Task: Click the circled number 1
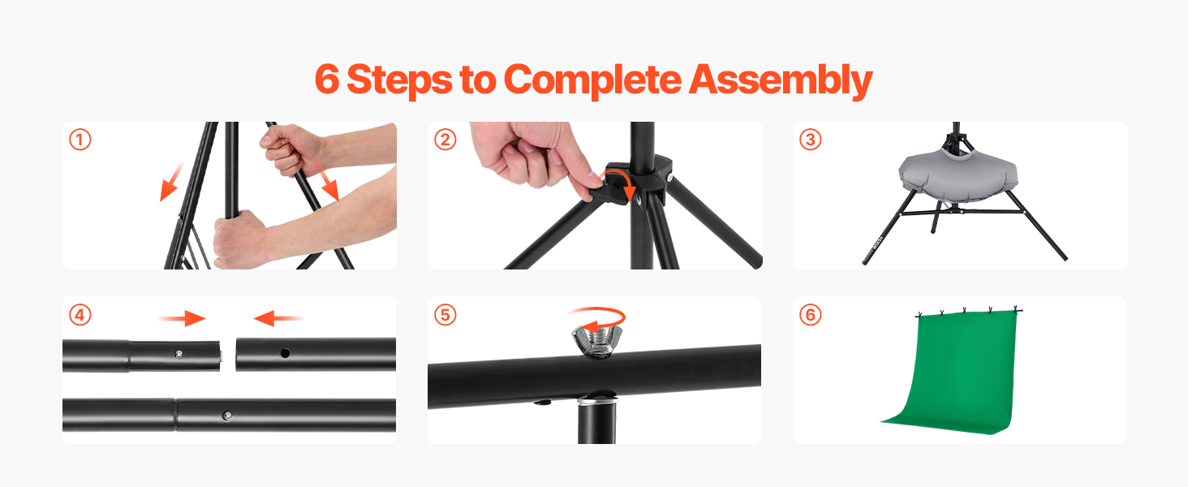(80, 140)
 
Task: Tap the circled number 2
(445, 140)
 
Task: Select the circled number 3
(811, 140)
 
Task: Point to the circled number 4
(80, 315)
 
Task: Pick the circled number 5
(445, 315)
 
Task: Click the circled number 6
(811, 315)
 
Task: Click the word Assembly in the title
(780, 80)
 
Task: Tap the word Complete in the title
(592, 80)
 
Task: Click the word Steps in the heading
(399, 80)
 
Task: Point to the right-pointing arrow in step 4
(182, 318)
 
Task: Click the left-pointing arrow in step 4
(278, 318)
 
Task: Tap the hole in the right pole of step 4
(285, 353)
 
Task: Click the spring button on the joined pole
(227, 416)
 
